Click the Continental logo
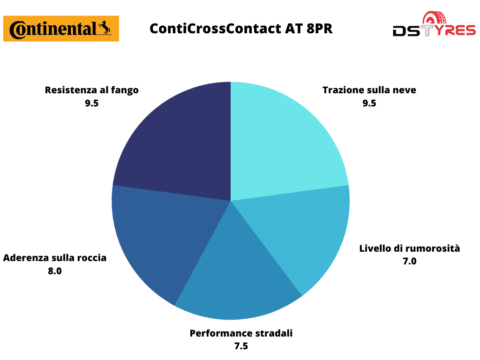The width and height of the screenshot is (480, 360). click(61, 29)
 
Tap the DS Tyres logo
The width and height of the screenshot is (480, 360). click(434, 24)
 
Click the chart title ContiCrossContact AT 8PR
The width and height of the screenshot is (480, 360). click(241, 29)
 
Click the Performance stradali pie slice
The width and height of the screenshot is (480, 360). click(236, 276)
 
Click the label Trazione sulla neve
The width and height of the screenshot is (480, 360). click(369, 90)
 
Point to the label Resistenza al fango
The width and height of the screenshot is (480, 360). click(91, 90)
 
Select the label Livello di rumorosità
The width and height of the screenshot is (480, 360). click(410, 248)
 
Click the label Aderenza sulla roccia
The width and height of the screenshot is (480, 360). click(55, 258)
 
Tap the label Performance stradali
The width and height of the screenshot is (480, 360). click(241, 333)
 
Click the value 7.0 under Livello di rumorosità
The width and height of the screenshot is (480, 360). click(410, 261)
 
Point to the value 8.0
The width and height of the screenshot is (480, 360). click(55, 271)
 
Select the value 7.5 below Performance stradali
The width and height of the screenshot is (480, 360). click(241, 346)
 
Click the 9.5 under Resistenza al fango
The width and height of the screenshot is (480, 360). click(91, 103)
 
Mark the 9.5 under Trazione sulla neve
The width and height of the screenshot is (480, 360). click(369, 103)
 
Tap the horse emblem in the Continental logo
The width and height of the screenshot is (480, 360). click(105, 28)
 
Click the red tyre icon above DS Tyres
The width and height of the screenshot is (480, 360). click(434, 18)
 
